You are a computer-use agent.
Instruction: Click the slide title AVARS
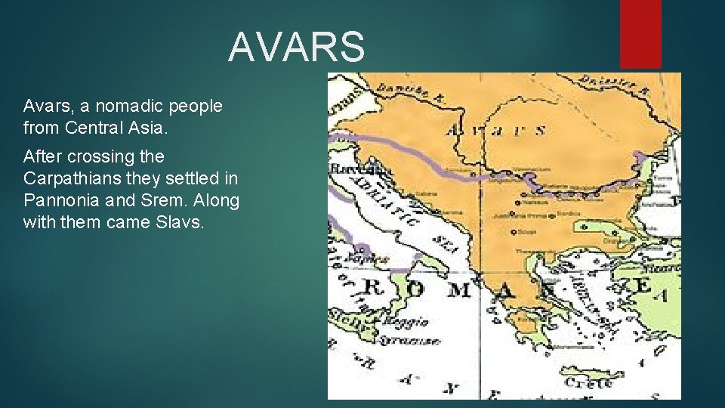point(296,46)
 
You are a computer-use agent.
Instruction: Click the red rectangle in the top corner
point(640,33)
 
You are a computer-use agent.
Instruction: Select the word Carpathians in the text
point(66,180)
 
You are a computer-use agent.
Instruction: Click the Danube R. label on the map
point(405,93)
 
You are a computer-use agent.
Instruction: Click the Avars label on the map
point(496,130)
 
